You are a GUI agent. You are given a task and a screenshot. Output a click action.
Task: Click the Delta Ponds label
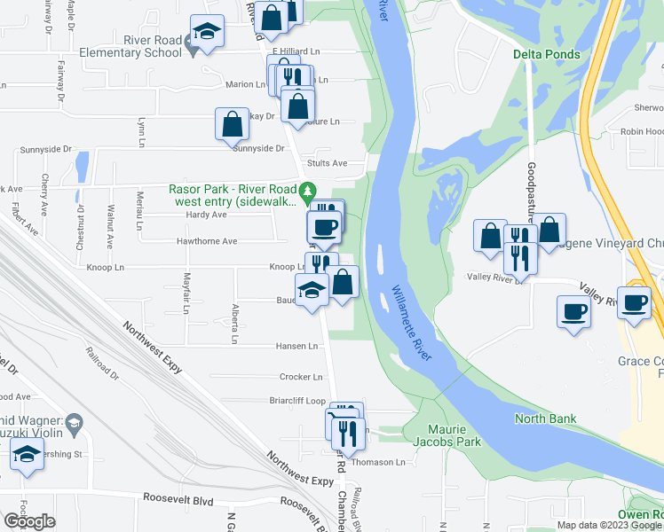[x=547, y=54]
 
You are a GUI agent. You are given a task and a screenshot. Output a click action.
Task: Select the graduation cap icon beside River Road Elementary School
[x=207, y=34]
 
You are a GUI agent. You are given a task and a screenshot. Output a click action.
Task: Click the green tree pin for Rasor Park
[x=308, y=191]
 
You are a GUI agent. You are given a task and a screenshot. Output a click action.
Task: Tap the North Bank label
[x=546, y=419]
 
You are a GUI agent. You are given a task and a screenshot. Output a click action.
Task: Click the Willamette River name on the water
[x=413, y=322]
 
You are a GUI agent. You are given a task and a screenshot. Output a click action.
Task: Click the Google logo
[x=30, y=521]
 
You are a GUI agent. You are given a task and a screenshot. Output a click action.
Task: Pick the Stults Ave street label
[x=327, y=163]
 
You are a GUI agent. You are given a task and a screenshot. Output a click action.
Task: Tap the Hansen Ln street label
[x=301, y=346]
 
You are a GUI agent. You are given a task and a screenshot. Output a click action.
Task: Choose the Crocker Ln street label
[x=299, y=377]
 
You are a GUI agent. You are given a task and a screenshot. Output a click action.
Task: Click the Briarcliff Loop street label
[x=297, y=400]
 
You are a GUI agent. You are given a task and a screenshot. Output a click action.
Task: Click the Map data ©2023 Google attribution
[x=608, y=525]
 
